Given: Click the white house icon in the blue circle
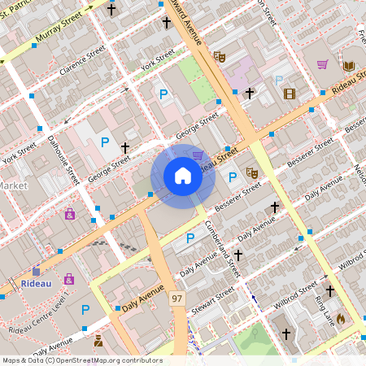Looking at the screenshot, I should (x=182, y=176).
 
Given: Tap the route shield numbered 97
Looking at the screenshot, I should (x=176, y=300).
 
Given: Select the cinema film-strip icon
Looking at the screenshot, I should (x=290, y=93).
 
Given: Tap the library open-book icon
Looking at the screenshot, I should (x=349, y=65).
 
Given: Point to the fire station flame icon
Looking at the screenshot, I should (x=340, y=319).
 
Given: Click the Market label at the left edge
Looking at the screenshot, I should (x=13, y=185).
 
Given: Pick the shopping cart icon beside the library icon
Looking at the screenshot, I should (x=323, y=64).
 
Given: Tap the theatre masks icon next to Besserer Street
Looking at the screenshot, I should (x=252, y=172).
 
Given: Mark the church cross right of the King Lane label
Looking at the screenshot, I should (x=329, y=290).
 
